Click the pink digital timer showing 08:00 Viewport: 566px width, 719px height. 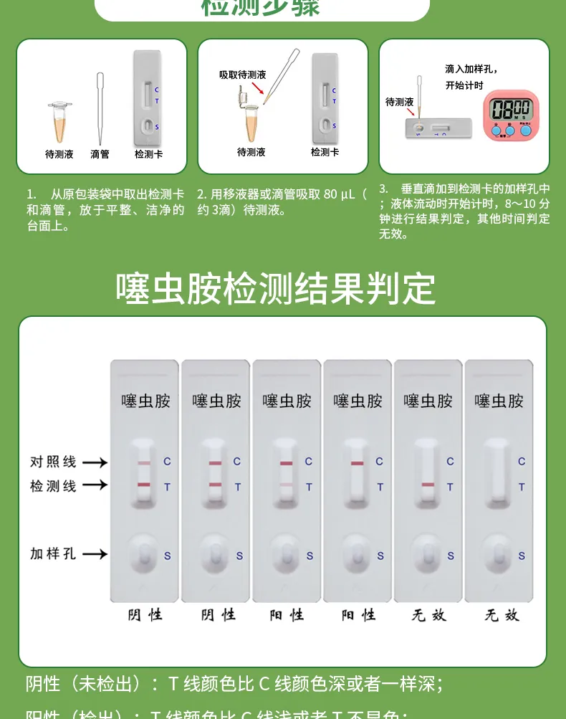(x=510, y=113)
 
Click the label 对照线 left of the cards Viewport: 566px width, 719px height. (x=53, y=462)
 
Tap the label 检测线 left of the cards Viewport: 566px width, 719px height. (x=53, y=485)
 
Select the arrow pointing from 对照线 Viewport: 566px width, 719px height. (x=95, y=462)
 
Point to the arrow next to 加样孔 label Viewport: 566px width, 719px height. (x=95, y=553)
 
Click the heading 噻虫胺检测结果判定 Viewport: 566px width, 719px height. (x=276, y=288)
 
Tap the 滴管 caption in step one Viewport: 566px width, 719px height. (x=100, y=153)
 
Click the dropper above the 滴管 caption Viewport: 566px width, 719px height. (x=100, y=108)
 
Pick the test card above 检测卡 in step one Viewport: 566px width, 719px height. (x=148, y=97)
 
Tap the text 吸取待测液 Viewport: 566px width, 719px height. (x=243, y=75)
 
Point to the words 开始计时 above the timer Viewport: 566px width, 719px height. (x=465, y=85)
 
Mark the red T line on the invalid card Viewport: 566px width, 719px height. (x=428, y=485)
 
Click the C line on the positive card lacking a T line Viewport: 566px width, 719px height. (x=358, y=464)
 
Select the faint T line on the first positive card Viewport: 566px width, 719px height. (x=287, y=485)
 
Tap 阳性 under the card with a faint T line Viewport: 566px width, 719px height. (x=287, y=614)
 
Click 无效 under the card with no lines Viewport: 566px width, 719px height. (x=501, y=614)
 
